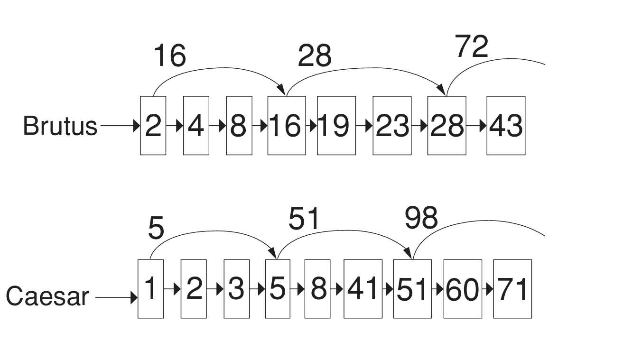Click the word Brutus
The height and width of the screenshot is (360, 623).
60,126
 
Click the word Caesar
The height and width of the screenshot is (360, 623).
47,296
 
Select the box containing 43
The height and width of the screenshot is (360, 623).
506,126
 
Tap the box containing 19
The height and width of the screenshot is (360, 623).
336,126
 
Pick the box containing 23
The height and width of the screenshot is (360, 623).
392,126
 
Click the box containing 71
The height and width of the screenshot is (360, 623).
512,289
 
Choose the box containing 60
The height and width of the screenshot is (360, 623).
463,289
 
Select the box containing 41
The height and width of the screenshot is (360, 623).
363,289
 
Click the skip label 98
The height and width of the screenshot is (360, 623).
421,218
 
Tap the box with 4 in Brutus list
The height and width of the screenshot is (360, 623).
196,126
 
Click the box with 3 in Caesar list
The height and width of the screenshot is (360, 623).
237,289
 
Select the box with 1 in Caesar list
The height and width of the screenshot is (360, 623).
150,289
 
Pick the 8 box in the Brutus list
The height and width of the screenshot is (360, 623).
239,126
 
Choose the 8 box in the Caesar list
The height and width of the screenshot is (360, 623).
317,289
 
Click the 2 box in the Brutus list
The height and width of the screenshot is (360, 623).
153,126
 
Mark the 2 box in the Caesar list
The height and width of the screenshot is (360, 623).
194,289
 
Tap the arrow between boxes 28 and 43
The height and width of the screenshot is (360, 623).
476,126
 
